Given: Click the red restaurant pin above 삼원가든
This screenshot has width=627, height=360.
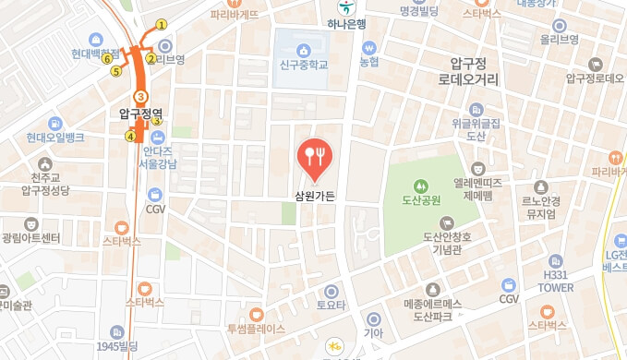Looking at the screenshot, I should (315, 158).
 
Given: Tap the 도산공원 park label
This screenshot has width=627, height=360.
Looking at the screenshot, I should (421, 199).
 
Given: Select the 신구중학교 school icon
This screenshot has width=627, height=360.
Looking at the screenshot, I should (302, 48).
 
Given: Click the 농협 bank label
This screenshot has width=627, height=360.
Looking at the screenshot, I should (369, 62).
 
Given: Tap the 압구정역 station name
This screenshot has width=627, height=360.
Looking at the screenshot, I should (140, 114).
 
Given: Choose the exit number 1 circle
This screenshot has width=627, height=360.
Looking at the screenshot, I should (162, 25).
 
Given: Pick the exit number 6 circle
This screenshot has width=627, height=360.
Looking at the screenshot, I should (108, 59).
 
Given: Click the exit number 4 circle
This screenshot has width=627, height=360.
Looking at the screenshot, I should (130, 137).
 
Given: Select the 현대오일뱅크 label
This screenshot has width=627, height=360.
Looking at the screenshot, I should (55, 138).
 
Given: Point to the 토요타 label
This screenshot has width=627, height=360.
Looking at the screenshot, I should (331, 304).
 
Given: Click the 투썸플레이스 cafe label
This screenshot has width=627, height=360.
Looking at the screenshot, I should (257, 328).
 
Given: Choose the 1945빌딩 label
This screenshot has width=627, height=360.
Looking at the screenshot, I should (116, 345).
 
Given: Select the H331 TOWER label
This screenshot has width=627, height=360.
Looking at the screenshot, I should (556, 281).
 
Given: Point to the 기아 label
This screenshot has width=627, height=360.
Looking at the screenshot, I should (373, 333).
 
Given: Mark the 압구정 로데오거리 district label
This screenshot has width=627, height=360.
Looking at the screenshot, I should (468, 72).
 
